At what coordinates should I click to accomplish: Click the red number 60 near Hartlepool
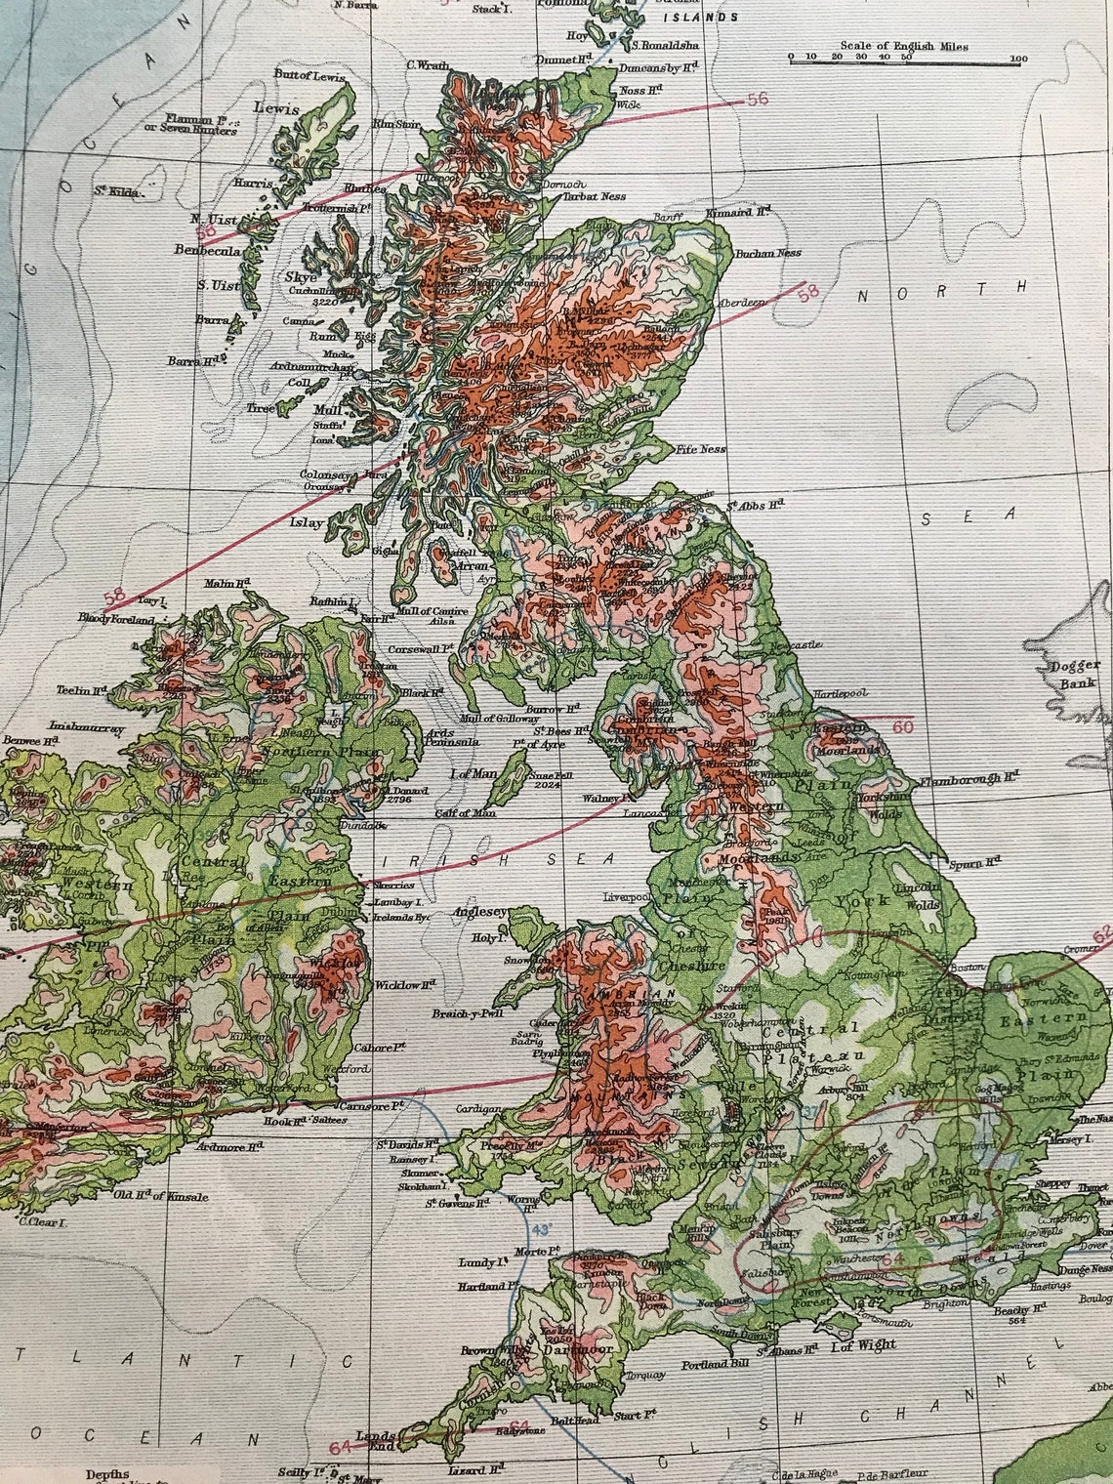pyautogui.click(x=903, y=725)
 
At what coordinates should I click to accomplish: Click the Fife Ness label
pyautogui.click(x=700, y=450)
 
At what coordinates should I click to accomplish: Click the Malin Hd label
pyautogui.click(x=228, y=583)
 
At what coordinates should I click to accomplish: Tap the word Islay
pyautogui.click(x=306, y=522)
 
